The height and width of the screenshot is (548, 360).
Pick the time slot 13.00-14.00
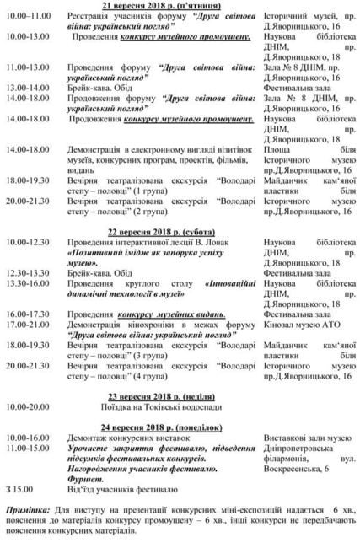pyautogui.click(x=26, y=88)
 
